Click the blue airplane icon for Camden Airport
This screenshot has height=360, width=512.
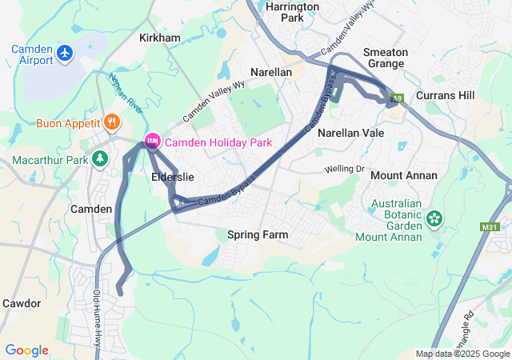pyautogui.click(x=65, y=54)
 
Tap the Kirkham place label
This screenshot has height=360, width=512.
pyautogui.click(x=160, y=38)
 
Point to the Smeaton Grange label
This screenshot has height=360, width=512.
pyautogui.click(x=386, y=58)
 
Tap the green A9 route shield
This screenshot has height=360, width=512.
pyautogui.click(x=395, y=99)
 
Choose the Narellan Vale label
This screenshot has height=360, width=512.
pyautogui.click(x=351, y=133)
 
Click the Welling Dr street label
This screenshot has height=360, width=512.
pyautogui.click(x=344, y=169)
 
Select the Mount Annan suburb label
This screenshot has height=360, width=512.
pyautogui.click(x=404, y=175)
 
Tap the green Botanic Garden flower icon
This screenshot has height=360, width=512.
pyautogui.click(x=434, y=218)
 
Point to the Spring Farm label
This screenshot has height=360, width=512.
pyautogui.click(x=257, y=235)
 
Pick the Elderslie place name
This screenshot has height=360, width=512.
pyautogui.click(x=173, y=177)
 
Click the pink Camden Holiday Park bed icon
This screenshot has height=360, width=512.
pyautogui.click(x=151, y=142)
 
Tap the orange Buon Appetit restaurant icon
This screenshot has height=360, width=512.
pyautogui.click(x=112, y=123)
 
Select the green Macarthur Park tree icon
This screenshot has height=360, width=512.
pyautogui.click(x=100, y=160)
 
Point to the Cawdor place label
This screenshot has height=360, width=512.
pyautogui.click(x=22, y=303)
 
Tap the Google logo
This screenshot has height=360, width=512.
pyautogui.click(x=26, y=350)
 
